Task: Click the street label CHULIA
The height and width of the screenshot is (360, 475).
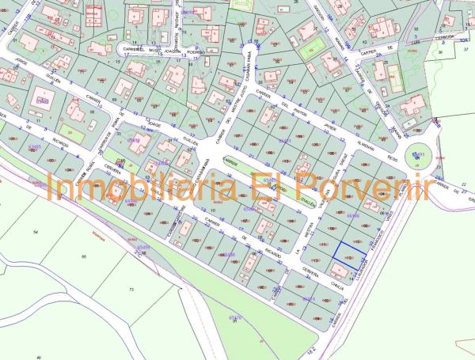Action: click(336, 289)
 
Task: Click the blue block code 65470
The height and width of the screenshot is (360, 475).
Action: click(235, 317)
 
